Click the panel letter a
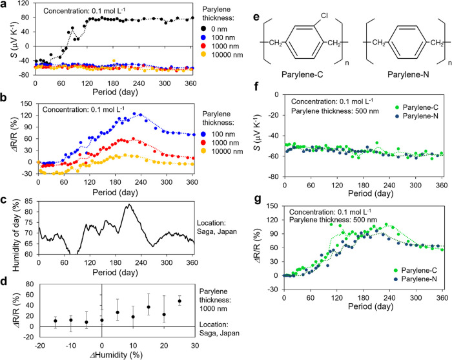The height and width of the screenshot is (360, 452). point(4,5)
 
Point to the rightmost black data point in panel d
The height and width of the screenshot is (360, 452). point(179,283)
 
